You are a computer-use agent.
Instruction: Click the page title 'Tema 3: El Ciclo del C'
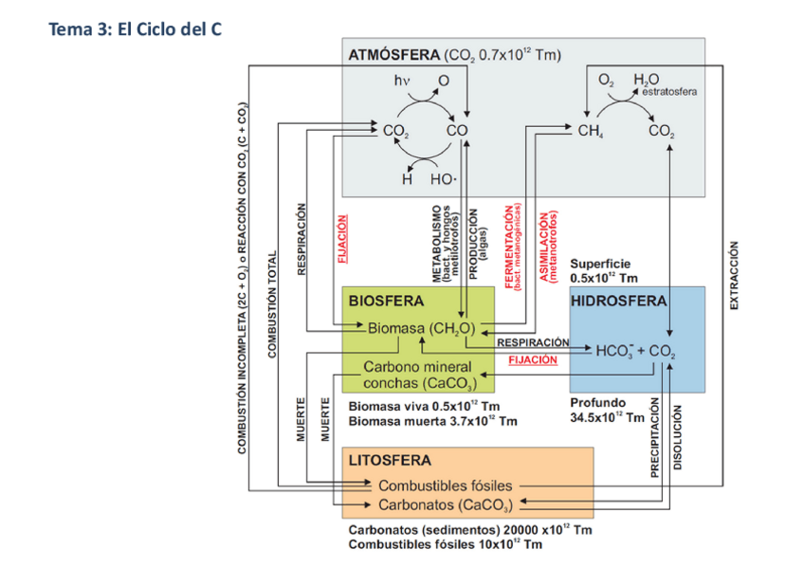coord(136,29)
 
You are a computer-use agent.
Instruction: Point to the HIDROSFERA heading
coord(618,301)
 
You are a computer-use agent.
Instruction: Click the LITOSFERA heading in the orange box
coord(390,461)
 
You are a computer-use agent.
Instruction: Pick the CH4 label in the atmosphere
coord(594,132)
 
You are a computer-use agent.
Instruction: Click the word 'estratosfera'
coord(669,93)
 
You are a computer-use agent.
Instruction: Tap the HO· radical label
coord(444,178)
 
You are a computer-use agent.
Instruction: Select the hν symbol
coord(402,82)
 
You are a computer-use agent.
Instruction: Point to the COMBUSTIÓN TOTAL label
coord(273,303)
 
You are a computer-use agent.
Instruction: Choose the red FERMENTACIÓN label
coord(510,247)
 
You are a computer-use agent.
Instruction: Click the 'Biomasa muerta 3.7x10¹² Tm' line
coord(433,420)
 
